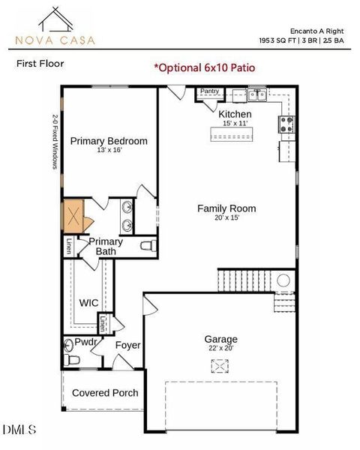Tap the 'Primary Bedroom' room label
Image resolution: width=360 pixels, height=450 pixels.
109,141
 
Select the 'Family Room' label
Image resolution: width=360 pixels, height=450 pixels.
226,208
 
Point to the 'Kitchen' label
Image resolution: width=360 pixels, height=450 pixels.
235,114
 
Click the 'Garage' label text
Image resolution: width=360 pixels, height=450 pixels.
220,339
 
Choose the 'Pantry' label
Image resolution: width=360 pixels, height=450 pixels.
209,91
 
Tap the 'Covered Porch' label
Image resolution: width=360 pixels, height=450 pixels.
105,392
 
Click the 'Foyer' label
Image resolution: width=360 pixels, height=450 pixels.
127,345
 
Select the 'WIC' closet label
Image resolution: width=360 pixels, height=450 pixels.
89,303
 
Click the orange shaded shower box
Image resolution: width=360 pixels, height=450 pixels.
73,216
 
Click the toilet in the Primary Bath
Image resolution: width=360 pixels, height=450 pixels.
148,245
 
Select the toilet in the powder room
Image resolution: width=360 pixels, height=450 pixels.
73,360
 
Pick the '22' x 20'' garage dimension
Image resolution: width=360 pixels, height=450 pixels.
220,348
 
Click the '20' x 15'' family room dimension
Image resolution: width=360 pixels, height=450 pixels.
226,218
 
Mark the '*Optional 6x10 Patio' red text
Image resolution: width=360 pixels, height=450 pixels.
204,67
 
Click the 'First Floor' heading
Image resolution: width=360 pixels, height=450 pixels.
40,64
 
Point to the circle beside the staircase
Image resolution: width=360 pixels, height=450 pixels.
283,280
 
